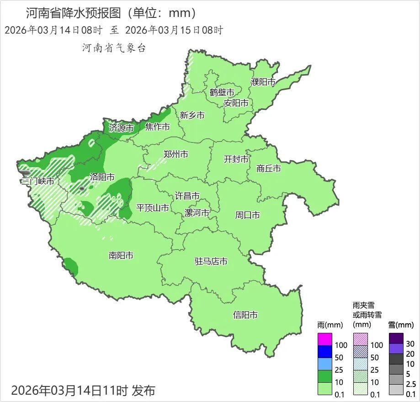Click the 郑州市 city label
coord(176,154)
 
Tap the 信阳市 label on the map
coord(245,315)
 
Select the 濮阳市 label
coord(263,82)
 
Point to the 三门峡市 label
coord(37,181)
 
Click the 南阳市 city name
coord(121,255)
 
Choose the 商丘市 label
coord(269,168)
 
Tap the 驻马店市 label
coord(211,262)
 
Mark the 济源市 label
coord(121,128)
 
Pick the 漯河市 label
coord(197,213)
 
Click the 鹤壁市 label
coord(222,92)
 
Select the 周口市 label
coord(248,215)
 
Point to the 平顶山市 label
coord(153,208)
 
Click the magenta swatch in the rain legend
coord(324,339)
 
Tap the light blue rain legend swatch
coord(324,364)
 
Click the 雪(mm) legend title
coord(401,325)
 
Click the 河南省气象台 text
coord(114,48)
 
